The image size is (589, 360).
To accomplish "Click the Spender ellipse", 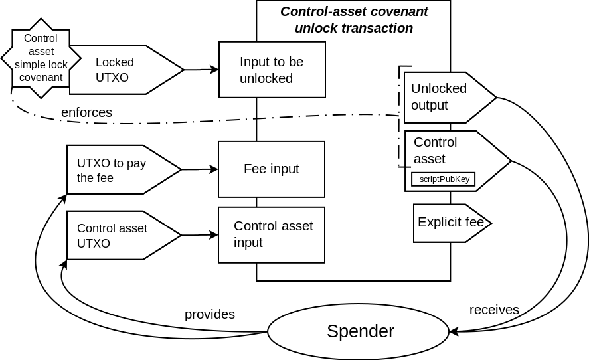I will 361,331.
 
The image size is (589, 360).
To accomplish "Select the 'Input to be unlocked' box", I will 272,70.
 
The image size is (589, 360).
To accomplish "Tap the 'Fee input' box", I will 272,169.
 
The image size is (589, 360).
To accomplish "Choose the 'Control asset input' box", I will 272,234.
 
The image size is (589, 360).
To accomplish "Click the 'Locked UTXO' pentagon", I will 123,70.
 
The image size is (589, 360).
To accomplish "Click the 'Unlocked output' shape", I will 445,97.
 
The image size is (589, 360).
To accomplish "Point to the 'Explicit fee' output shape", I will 450,223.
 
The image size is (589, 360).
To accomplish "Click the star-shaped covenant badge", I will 36,58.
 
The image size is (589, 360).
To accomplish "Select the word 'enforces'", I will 86,112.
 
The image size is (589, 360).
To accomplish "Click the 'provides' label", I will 210,314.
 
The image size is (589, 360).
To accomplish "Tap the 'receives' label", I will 494,310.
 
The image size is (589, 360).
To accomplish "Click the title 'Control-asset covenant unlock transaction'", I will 354,20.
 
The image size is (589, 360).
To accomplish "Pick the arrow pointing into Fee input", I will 201,169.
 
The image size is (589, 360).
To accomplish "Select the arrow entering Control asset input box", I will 201,234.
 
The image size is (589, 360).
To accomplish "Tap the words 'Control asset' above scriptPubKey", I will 435,151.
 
